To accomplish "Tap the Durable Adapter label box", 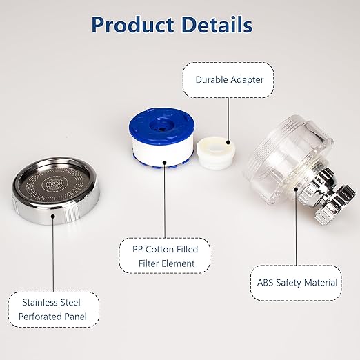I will click(229, 79).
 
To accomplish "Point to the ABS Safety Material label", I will click(297, 282).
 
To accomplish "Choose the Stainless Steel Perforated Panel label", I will click(53, 310).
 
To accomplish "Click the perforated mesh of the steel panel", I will click(55, 185).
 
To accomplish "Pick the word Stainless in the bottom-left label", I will click(41, 302).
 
